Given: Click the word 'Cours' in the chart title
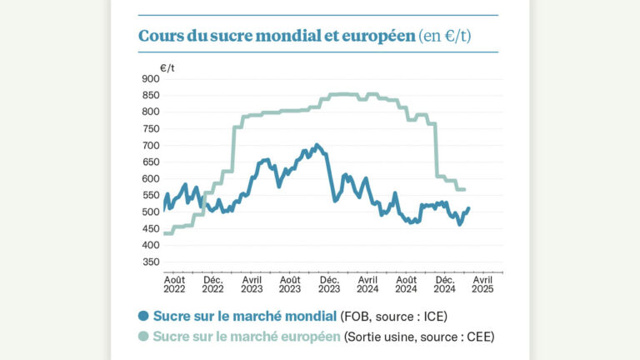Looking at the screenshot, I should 158,37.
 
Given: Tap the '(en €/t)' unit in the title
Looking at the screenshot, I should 447,37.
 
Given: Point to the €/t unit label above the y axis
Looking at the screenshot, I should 167,66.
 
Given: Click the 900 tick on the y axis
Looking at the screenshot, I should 150,78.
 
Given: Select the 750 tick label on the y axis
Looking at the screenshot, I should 150,128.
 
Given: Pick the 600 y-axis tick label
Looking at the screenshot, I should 150,178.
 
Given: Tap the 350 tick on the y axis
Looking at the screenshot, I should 150,262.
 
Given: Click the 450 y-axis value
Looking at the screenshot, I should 150,228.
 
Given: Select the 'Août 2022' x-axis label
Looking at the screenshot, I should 174,284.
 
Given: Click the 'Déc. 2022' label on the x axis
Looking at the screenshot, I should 212,284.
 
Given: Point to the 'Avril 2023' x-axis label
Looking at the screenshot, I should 252,284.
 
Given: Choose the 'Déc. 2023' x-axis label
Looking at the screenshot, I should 329,284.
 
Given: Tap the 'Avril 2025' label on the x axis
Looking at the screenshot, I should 482,284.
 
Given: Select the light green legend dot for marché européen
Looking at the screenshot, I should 143,337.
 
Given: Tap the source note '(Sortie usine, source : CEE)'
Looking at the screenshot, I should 419,337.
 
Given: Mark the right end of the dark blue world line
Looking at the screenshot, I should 468,208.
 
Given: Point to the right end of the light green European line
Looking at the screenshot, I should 464,190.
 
